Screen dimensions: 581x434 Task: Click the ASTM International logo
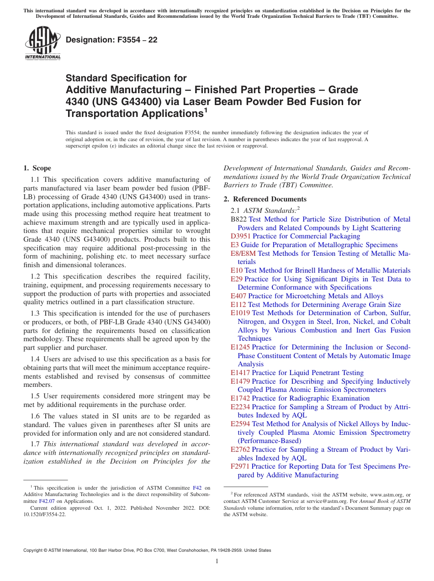tap(42, 44)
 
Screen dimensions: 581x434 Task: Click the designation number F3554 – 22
tap(111, 40)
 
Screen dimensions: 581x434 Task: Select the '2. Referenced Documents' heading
tap(265, 199)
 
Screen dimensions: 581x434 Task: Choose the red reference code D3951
tap(241, 236)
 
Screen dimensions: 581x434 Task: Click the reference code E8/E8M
tap(243, 253)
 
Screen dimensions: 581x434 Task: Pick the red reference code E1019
tap(240, 313)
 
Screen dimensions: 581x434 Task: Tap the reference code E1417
tap(240, 373)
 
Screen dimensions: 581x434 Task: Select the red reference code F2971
tap(240, 466)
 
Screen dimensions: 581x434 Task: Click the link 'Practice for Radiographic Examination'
tap(304, 398)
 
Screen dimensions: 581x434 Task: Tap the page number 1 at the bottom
tap(217, 561)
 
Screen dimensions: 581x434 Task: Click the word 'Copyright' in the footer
tap(34, 550)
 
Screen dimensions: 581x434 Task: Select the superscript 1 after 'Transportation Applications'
tap(206, 110)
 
